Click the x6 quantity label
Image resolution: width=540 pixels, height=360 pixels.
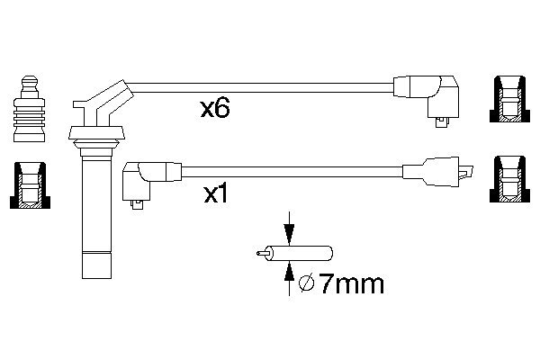(216, 110)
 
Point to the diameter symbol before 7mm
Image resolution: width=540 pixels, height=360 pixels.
(305, 285)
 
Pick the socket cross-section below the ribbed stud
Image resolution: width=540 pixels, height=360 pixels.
(29, 187)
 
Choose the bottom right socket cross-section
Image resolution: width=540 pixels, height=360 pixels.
(508, 180)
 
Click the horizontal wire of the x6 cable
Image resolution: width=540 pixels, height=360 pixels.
(261, 86)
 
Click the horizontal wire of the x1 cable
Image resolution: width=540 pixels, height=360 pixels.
(288, 166)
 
